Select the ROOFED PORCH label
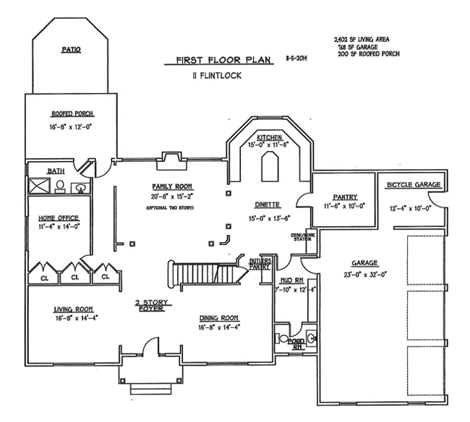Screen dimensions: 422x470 (72, 113)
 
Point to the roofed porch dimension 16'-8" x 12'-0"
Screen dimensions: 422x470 (72, 126)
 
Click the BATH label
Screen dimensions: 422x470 (56, 171)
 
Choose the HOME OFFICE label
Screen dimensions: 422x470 (59, 218)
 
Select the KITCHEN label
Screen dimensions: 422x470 (269, 137)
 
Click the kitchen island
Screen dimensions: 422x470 (270, 170)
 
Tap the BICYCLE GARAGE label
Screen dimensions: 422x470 (413, 185)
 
